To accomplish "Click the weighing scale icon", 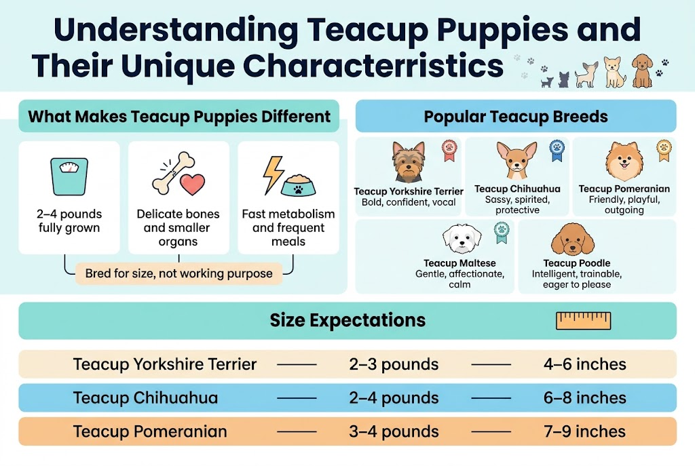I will coord(69,176).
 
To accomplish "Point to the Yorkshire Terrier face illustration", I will coord(409,161).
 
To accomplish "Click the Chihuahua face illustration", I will coord(512,160).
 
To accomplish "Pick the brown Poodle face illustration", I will coord(566,238).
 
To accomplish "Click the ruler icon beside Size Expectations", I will coord(583,320).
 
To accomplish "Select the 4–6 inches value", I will coord(584,364).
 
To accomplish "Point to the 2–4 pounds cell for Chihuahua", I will coord(394,397).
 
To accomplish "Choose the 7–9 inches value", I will coord(584,431).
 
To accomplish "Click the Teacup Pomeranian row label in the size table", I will coord(150,431).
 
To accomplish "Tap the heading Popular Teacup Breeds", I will coord(516,117).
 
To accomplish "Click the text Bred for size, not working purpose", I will coord(179,274).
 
